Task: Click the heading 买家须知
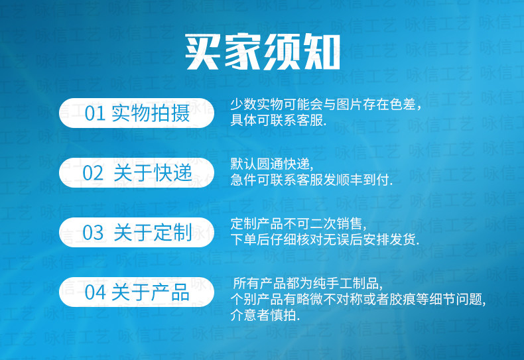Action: pyautogui.click(x=263, y=52)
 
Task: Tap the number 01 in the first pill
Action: pyautogui.click(x=95, y=113)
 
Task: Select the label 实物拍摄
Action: pyautogui.click(x=151, y=113)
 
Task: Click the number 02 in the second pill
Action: pyautogui.click(x=93, y=173)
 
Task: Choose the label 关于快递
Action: pyautogui.click(x=153, y=173)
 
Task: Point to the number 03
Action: pyautogui.click(x=93, y=233)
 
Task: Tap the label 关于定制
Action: pyautogui.click(x=153, y=233)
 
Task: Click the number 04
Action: pyautogui.click(x=95, y=292)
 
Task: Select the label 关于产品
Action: pyautogui.click(x=151, y=292)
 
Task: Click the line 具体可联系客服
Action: pyautogui.click(x=278, y=120)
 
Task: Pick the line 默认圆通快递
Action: pyautogui.click(x=272, y=164)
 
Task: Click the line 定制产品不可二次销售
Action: pyautogui.click(x=298, y=223)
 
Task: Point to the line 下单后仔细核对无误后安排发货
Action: pyautogui.click(x=324, y=239)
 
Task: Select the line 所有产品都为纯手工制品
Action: pyautogui.click(x=308, y=284)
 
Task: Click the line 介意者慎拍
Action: pyautogui.click(x=265, y=315)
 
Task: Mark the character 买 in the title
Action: pyautogui.click(x=203, y=52)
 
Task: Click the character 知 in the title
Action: pyautogui.click(x=321, y=52)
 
